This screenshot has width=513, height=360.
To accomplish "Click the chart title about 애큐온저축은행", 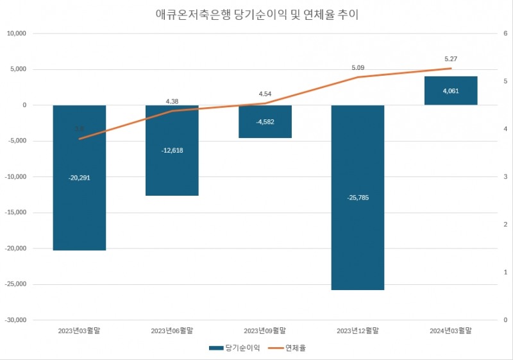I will pyautogui.click(x=256, y=14).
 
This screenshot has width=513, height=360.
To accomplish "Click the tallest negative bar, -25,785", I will pyautogui.click(x=358, y=244).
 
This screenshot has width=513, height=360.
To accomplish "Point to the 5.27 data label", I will pyautogui.click(x=451, y=59).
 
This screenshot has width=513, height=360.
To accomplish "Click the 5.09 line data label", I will pyautogui.click(x=358, y=67).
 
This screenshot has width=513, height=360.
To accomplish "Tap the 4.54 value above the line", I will pyautogui.click(x=265, y=93).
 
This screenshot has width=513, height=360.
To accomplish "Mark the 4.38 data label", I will pyautogui.click(x=172, y=101).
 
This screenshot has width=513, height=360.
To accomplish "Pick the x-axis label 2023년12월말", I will pyautogui.click(x=358, y=330).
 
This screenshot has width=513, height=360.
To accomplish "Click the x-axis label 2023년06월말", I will pyautogui.click(x=172, y=330).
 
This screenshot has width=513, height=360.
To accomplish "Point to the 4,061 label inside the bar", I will pyautogui.click(x=451, y=91).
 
